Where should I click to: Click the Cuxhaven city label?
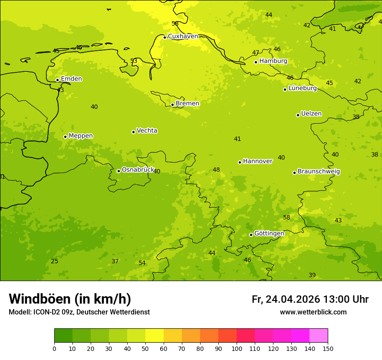pyautogui.click(x=183, y=36)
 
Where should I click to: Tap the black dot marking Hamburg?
pyautogui.click(x=256, y=62)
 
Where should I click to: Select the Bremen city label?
pyautogui.click(x=187, y=104)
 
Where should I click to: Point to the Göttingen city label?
pyautogui.click(x=269, y=233)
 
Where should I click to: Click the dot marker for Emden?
pyautogui.click(x=57, y=80)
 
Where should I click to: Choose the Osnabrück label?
pyautogui.click(x=138, y=170)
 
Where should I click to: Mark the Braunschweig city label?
pyautogui.click(x=319, y=172)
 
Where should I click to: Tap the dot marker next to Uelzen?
pyautogui.click(x=298, y=115)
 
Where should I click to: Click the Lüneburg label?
pyautogui.click(x=302, y=88)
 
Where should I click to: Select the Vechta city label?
pyautogui.click(x=147, y=131)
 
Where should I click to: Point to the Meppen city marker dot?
pyautogui.click(x=65, y=137)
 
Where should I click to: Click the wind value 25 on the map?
pyautogui.click(x=54, y=261)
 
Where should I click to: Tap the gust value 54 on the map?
pyautogui.click(x=142, y=263)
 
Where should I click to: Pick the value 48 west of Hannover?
pyautogui.click(x=216, y=170)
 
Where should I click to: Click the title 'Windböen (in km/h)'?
pyautogui.click(x=70, y=299)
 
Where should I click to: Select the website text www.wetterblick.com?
pyautogui.click(x=313, y=312)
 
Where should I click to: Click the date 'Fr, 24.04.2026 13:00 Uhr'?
pyautogui.click(x=310, y=299)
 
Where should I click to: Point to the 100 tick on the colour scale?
pyautogui.click(x=237, y=348)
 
